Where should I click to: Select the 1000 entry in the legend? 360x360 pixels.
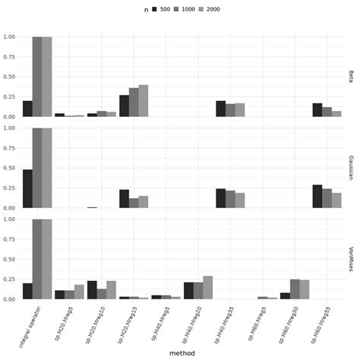[188, 9]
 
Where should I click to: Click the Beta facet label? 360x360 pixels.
[351, 76]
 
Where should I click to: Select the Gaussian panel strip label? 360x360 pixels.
[351, 168]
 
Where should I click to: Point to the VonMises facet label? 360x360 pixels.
[351, 258]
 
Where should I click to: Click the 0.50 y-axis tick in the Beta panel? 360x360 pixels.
[10, 77]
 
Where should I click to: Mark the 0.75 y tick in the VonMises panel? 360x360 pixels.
[10, 239]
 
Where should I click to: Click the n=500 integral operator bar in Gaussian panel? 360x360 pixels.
[27, 188]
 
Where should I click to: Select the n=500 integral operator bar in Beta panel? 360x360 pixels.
[27, 109]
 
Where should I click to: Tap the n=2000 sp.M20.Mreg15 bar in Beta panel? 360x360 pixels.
[143, 101]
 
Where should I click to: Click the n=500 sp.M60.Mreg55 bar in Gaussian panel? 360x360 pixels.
[317, 196]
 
